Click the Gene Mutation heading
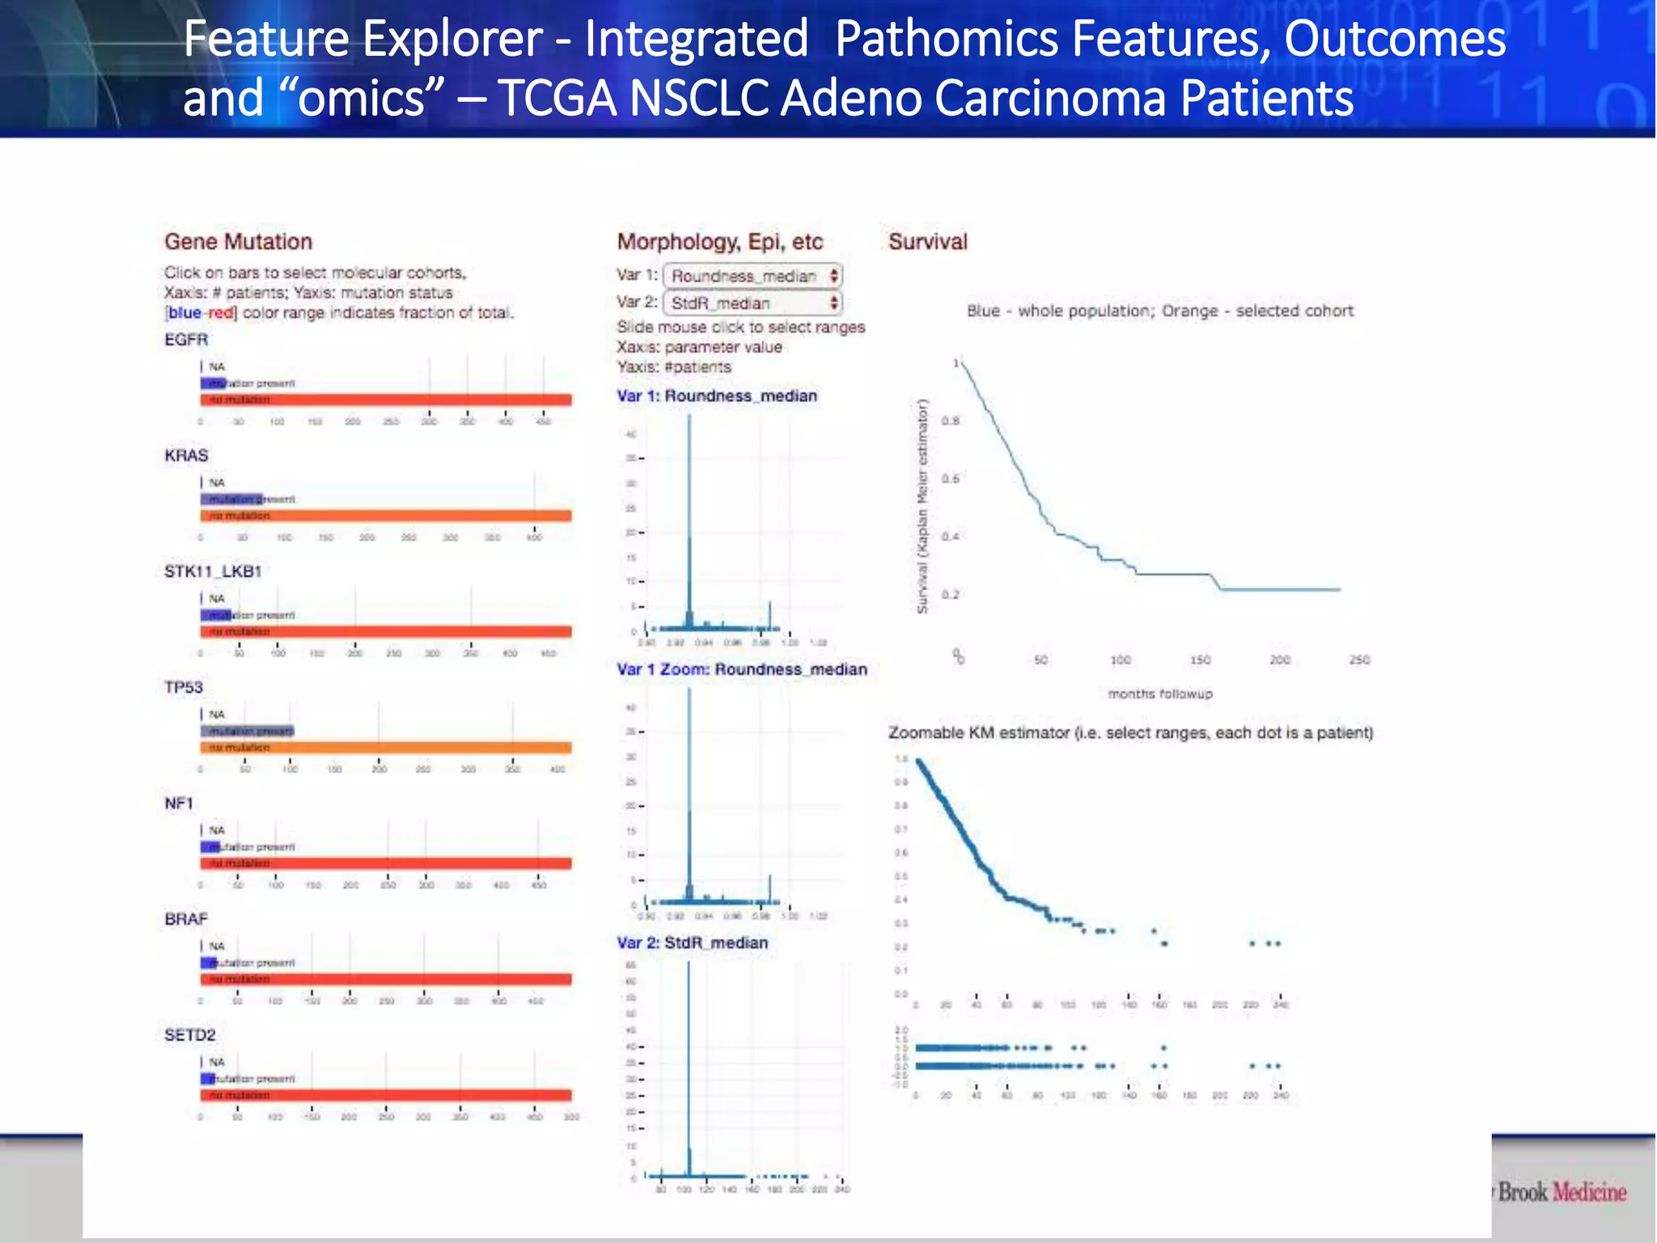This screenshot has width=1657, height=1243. pyautogui.click(x=238, y=241)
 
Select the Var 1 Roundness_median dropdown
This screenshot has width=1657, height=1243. pyautogui.click(x=753, y=276)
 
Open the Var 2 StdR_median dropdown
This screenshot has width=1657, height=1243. pyautogui.click(x=753, y=303)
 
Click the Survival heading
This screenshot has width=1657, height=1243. pyautogui.click(x=927, y=241)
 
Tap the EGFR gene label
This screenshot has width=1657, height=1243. pyautogui.click(x=186, y=339)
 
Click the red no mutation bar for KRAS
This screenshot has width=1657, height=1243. pyautogui.click(x=386, y=515)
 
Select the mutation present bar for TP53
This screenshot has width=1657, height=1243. pyautogui.click(x=248, y=731)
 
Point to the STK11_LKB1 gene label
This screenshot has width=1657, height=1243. pyautogui.click(x=213, y=571)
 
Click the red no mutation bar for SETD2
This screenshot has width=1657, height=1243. pyautogui.click(x=386, y=1095)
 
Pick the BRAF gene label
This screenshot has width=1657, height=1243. pyautogui.click(x=186, y=918)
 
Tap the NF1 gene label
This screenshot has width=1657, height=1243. pyautogui.click(x=179, y=803)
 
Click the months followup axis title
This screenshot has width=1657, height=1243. pyautogui.click(x=1159, y=694)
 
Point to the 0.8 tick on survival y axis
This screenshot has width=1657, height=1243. pyautogui.click(x=951, y=421)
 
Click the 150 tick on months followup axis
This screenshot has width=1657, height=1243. pyautogui.click(x=1200, y=660)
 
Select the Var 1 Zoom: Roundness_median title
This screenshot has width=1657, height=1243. pyautogui.click(x=741, y=669)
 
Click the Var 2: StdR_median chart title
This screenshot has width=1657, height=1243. pyautogui.click(x=692, y=943)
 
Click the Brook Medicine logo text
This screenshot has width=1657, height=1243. pyautogui.click(x=1562, y=1192)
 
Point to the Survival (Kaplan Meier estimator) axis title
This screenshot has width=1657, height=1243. pyautogui.click(x=922, y=507)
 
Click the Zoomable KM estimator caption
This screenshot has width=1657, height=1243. pyautogui.click(x=1130, y=732)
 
